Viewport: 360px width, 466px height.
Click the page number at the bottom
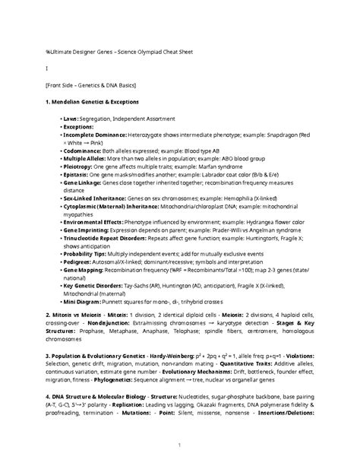coord(179,445)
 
